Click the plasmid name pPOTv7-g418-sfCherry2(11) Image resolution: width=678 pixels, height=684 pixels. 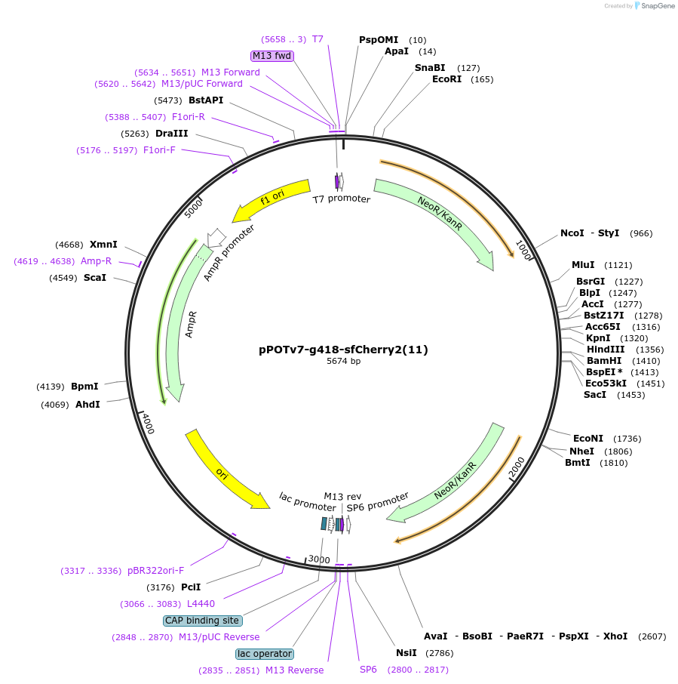tap(343, 350)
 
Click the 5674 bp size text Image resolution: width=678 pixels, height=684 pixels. tap(343, 362)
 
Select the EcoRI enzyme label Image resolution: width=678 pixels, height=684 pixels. tap(446, 79)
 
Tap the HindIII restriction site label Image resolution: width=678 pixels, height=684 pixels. tap(606, 350)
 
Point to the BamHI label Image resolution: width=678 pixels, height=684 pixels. tap(603, 361)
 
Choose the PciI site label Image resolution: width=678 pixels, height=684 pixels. tap(191, 587)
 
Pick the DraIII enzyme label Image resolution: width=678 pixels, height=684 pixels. tap(171, 134)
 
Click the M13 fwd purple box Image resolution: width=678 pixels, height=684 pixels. tap(272, 56)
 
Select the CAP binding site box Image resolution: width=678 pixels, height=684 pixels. tap(202, 621)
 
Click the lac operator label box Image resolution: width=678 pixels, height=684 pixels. tap(264, 654)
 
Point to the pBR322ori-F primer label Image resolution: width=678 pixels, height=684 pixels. tap(155, 571)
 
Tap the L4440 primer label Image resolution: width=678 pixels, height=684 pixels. tap(201, 604)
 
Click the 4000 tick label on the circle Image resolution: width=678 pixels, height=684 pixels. tap(149, 424)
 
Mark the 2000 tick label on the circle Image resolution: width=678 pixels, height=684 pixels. tap(517, 467)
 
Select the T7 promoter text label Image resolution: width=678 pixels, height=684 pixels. tap(342, 199)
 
